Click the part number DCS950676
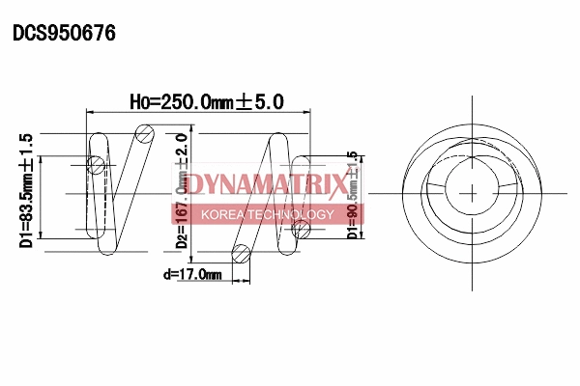tap(64, 33)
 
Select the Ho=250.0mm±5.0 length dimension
tap(205, 99)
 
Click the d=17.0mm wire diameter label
tap(193, 276)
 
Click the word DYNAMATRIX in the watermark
tap(265, 184)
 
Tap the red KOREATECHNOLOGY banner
tap(265, 214)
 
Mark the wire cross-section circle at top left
tap(144, 133)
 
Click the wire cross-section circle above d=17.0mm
tap(242, 255)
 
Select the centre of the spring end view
tap(474, 191)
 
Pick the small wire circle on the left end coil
tap(97, 166)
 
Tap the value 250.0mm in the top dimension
tap(192, 99)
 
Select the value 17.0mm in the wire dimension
tap(200, 276)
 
